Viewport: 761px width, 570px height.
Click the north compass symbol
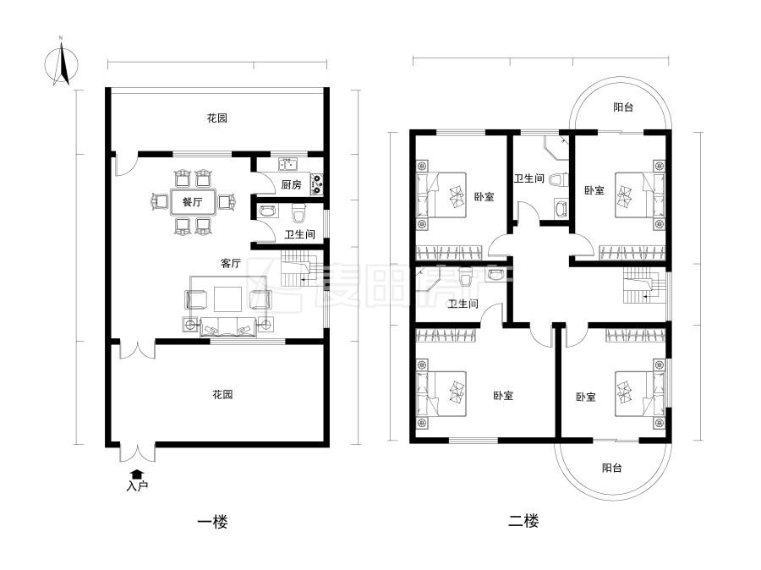point(62,63)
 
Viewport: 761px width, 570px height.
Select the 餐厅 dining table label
point(192,202)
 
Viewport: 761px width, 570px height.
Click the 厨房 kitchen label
point(291,185)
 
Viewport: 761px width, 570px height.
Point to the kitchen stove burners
point(316,184)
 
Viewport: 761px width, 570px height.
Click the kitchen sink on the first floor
point(288,163)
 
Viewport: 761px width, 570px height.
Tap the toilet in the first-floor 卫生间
point(298,214)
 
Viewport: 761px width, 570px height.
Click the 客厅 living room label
point(231,263)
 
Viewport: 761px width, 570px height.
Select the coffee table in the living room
point(227,299)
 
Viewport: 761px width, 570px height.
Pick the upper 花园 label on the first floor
point(217,118)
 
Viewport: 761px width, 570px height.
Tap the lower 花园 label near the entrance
point(222,394)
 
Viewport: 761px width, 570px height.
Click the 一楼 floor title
point(212,522)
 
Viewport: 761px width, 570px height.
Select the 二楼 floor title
point(523,521)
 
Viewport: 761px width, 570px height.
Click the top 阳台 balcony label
point(623,107)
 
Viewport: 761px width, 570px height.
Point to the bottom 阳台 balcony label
point(612,468)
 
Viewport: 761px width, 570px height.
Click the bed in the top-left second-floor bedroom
point(441,195)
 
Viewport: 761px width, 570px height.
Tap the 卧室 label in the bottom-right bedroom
point(586,397)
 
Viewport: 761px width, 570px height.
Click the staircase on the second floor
point(644,287)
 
